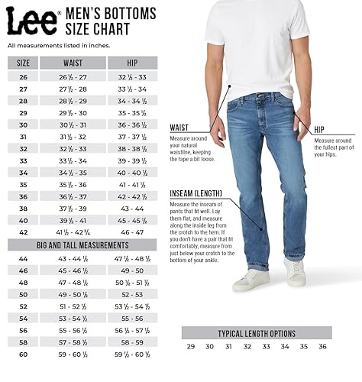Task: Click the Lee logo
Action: tap(32, 22)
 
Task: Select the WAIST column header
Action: tap(73, 63)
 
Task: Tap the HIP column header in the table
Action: tap(132, 63)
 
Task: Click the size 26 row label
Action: tap(23, 76)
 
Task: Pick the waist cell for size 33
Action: tap(73, 161)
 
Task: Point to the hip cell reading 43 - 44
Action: tap(132, 208)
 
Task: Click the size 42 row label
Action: tap(23, 231)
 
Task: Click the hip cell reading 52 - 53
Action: tap(132, 294)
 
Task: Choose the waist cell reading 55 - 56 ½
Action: tap(73, 330)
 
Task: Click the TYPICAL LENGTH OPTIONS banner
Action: tap(259, 333)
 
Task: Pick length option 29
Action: tap(190, 347)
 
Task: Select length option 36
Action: tap(322, 347)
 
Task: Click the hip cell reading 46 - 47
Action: tap(132, 231)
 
